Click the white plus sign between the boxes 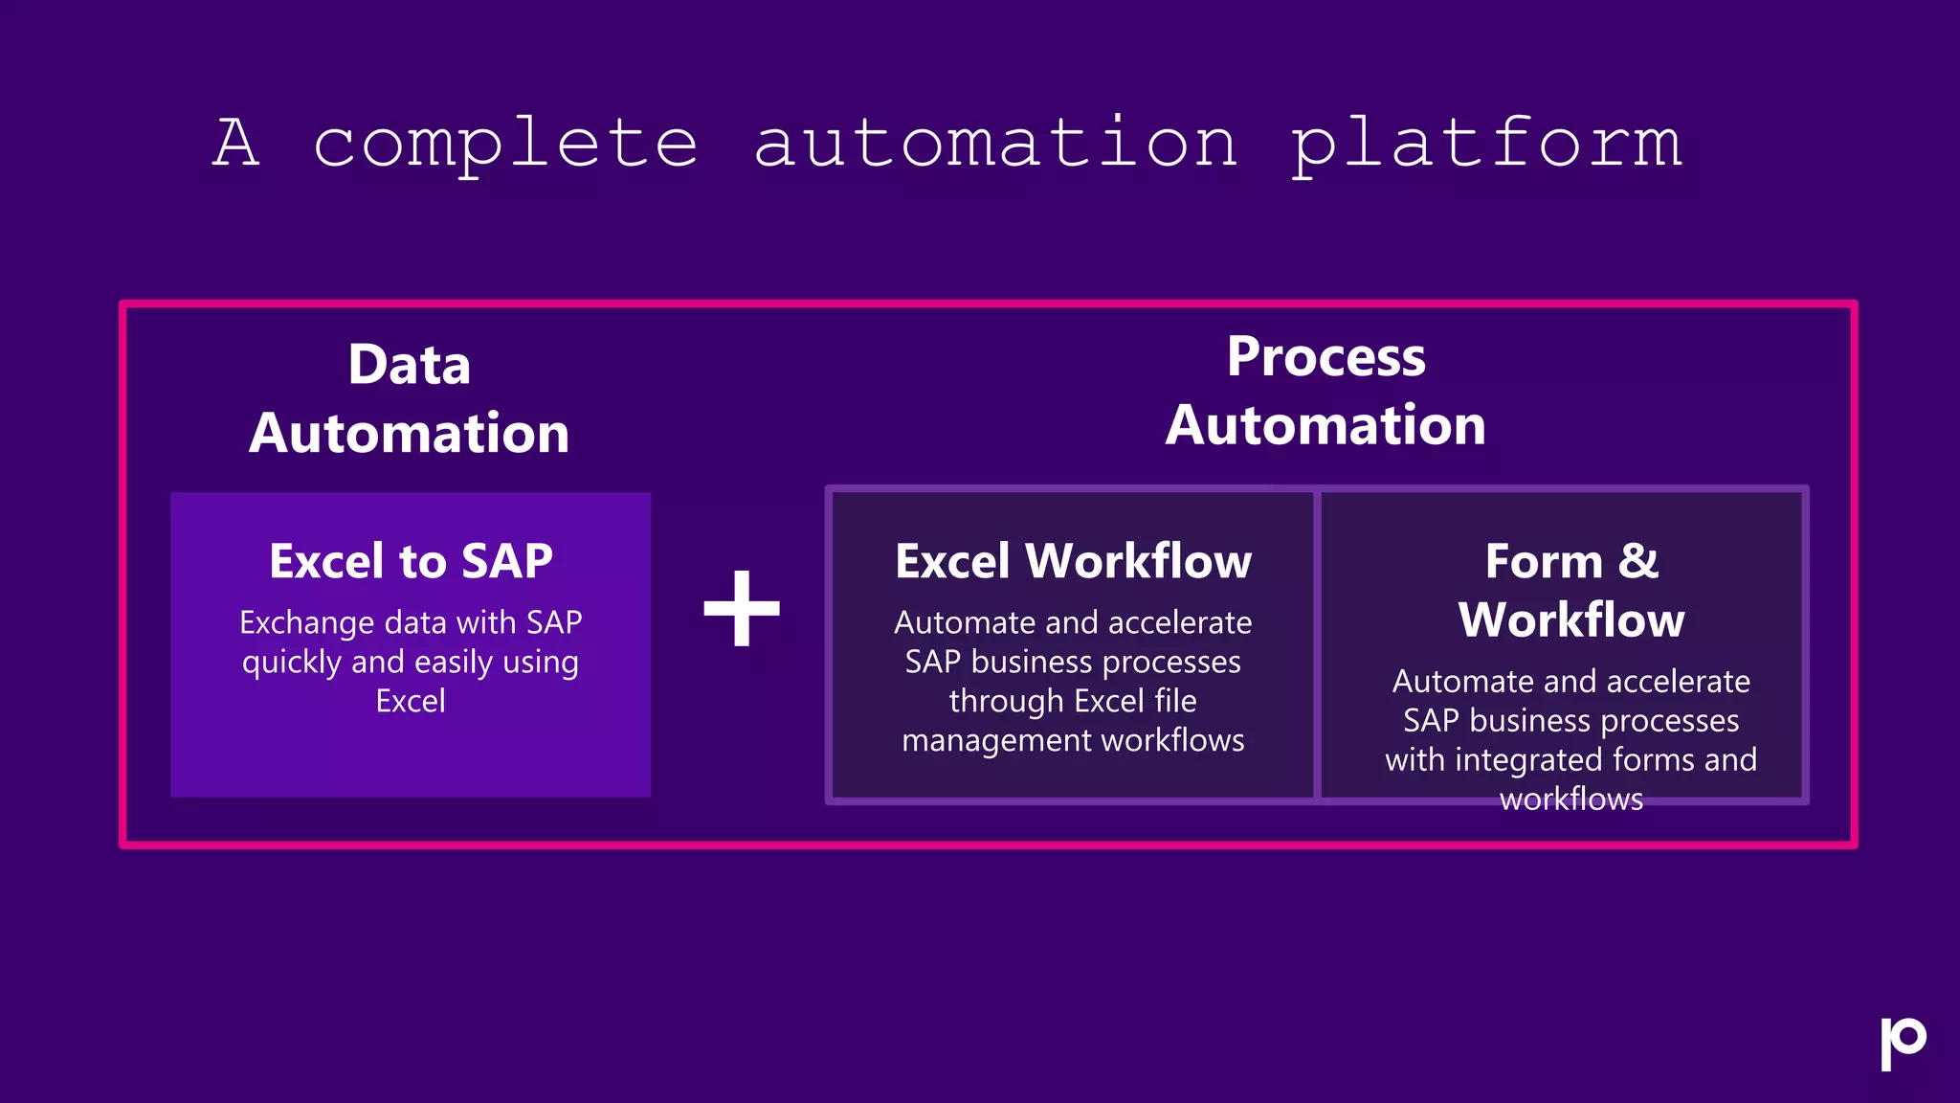click(x=742, y=608)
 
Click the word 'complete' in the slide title click(x=505, y=144)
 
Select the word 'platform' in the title click(x=1486, y=144)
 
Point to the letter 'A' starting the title click(x=236, y=144)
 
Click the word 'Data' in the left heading click(x=410, y=365)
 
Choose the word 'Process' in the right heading click(x=1326, y=357)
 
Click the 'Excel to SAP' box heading click(x=411, y=561)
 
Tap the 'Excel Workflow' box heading click(x=1073, y=561)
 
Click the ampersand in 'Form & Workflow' click(x=1638, y=561)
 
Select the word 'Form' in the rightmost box click(x=1543, y=561)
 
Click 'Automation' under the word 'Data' click(x=410, y=433)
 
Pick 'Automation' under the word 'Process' click(x=1326, y=425)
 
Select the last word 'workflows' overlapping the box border click(x=1571, y=799)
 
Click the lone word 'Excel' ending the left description click(x=411, y=702)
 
